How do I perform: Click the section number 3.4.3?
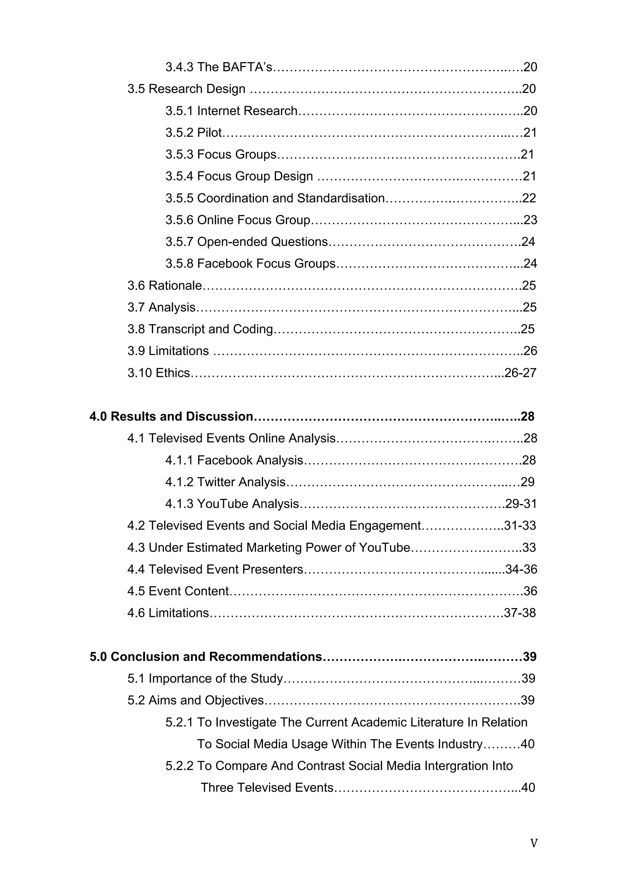(x=179, y=67)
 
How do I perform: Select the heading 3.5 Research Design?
(x=186, y=89)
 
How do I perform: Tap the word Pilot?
(x=209, y=133)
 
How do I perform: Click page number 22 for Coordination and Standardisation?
(x=529, y=198)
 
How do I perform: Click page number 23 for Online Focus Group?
(x=530, y=220)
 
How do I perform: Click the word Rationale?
(x=175, y=286)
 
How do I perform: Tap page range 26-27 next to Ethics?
(x=520, y=373)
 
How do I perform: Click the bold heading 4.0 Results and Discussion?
(x=171, y=416)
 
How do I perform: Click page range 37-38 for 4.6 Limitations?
(x=520, y=613)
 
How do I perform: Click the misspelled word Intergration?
(x=457, y=766)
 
